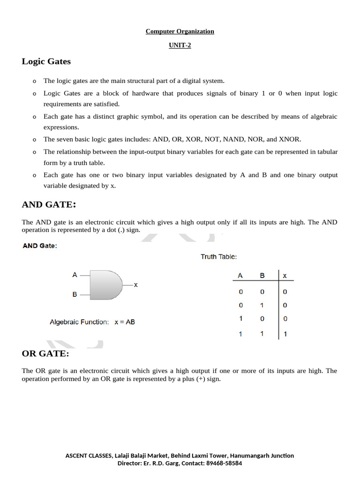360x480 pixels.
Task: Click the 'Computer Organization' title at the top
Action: click(180, 31)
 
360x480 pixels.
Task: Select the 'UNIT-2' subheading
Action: click(180, 45)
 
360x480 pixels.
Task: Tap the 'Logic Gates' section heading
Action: click(46, 61)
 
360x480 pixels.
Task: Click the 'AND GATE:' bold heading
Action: click(49, 204)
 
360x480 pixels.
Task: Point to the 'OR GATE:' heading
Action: click(45, 353)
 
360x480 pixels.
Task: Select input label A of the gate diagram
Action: click(75, 275)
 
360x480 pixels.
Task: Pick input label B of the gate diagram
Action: click(75, 294)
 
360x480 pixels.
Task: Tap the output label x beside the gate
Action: click(135, 285)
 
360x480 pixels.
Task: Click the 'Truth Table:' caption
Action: click(218, 257)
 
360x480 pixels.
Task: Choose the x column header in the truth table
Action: click(285, 276)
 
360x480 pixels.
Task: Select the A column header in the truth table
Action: click(240, 276)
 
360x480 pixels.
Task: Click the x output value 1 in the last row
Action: click(285, 334)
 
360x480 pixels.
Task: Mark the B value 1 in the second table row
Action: click(262, 305)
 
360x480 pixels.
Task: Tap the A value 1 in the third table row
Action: click(240, 319)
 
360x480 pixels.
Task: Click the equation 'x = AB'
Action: click(125, 322)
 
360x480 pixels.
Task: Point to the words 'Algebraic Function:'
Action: click(79, 322)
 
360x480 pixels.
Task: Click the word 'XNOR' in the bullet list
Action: click(290, 139)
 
